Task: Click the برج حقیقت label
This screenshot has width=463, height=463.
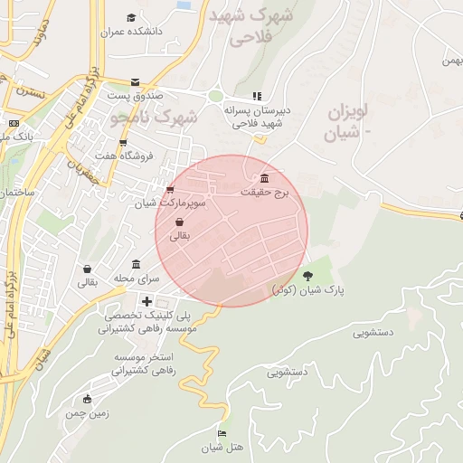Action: (x=264, y=193)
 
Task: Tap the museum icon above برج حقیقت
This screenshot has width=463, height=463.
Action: (x=264, y=177)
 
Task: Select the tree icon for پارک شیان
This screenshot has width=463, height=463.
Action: (x=309, y=275)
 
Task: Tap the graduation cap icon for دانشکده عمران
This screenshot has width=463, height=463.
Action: (x=131, y=17)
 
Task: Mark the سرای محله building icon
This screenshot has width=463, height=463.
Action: (x=136, y=264)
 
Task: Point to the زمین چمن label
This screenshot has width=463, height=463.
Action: (x=87, y=413)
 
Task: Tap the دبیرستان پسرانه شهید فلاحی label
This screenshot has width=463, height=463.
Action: (x=255, y=116)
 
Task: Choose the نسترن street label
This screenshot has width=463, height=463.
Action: (x=28, y=92)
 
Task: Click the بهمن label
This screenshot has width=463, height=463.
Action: (x=451, y=61)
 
